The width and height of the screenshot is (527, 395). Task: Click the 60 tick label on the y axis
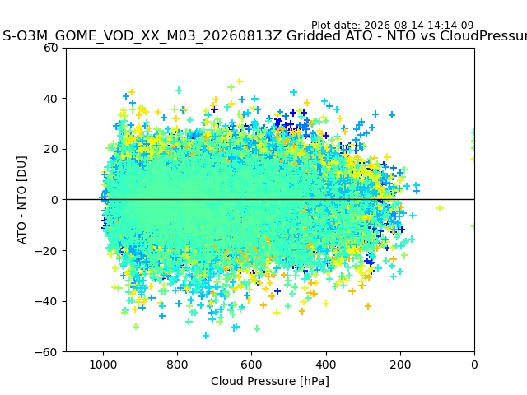pos(50,48)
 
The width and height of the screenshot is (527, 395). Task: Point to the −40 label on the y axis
pos(46,301)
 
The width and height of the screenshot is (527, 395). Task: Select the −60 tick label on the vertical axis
pos(46,352)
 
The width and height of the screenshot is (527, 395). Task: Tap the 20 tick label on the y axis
pos(50,149)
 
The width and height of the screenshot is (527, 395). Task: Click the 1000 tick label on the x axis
pos(103,365)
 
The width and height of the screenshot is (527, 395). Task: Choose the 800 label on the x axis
pos(178,365)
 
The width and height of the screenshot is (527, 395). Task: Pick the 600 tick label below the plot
pos(252,365)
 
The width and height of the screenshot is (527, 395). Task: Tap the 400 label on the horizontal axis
pos(326,365)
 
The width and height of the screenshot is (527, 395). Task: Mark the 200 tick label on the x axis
pos(400,365)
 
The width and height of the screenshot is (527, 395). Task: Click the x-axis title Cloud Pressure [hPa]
pos(270,381)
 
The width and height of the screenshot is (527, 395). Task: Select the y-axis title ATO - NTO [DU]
pos(21,200)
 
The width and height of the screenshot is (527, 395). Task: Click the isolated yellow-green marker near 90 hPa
pos(440,208)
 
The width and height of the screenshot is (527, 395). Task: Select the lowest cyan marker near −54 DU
pos(206,336)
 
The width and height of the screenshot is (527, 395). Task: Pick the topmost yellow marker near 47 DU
pos(240,81)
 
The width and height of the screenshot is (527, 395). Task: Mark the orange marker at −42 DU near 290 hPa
pos(368,306)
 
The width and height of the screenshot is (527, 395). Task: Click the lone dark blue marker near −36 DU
pos(277,291)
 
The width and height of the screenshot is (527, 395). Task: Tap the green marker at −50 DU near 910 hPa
pos(136,326)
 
